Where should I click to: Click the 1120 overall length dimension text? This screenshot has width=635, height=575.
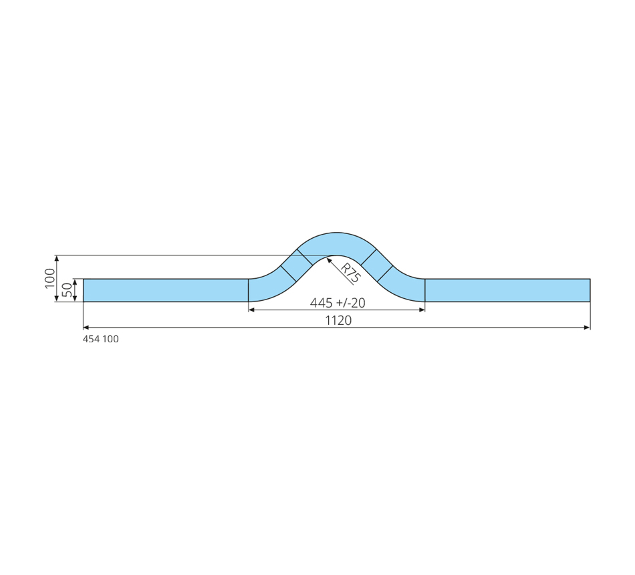[x=339, y=320]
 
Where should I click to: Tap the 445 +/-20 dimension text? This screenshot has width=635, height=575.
[x=338, y=303]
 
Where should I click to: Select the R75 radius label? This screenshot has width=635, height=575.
[x=350, y=273]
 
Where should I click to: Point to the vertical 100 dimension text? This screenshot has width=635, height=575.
[x=50, y=278]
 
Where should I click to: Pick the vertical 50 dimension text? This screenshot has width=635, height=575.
[x=68, y=290]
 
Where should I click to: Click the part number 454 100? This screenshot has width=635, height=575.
[x=101, y=339]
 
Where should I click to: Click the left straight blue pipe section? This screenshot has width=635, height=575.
[x=166, y=290]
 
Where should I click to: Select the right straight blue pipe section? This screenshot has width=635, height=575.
[x=507, y=290]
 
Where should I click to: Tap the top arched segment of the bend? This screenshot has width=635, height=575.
[x=336, y=244]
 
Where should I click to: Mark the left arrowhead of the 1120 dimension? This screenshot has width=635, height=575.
[x=86, y=328]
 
